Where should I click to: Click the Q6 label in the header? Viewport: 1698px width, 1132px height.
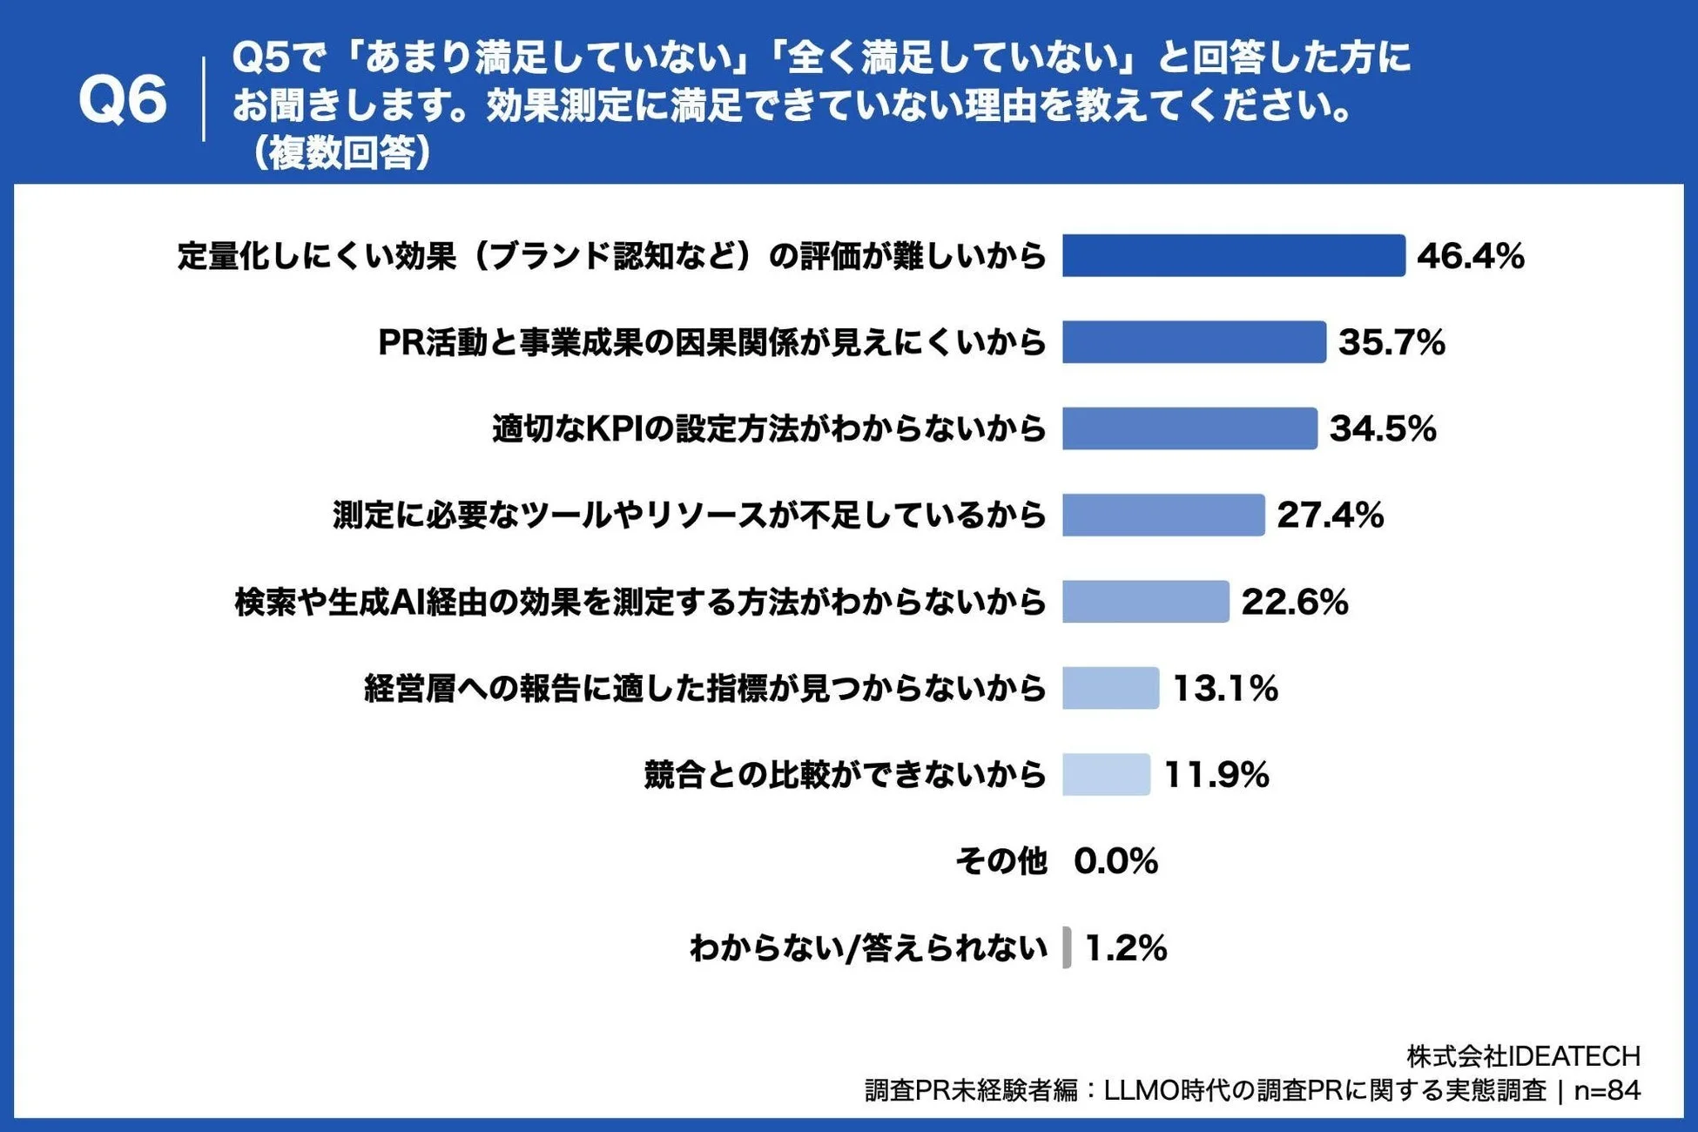[122, 100]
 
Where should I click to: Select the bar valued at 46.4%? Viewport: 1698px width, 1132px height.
[1233, 256]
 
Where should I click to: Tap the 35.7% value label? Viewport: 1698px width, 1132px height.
[1391, 342]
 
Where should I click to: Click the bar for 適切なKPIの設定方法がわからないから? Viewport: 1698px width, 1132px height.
[1189, 428]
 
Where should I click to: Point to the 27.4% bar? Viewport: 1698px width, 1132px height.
[1163, 515]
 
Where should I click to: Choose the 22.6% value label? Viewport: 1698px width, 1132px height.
[1295, 602]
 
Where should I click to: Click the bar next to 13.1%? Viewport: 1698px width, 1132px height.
[1110, 688]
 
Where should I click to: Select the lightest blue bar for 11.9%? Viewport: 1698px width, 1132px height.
[1106, 774]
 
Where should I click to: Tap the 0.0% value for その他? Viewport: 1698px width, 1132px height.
[1115, 861]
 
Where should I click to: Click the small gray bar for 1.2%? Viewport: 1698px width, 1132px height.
[1067, 947]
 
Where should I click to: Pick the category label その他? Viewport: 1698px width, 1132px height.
[1001, 861]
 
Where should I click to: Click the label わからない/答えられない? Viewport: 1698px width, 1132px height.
[867, 947]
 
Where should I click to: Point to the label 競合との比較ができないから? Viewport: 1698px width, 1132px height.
[845, 774]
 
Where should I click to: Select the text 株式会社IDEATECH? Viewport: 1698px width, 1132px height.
[1523, 1056]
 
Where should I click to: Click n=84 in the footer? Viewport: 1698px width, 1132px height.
[1607, 1090]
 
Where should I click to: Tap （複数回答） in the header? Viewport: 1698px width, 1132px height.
[341, 153]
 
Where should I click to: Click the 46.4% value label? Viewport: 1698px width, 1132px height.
[1471, 256]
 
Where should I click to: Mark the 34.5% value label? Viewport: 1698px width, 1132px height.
[1383, 428]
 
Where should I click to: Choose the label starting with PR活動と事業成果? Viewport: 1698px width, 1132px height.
[711, 342]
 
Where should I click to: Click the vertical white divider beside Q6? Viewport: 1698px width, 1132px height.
[204, 99]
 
